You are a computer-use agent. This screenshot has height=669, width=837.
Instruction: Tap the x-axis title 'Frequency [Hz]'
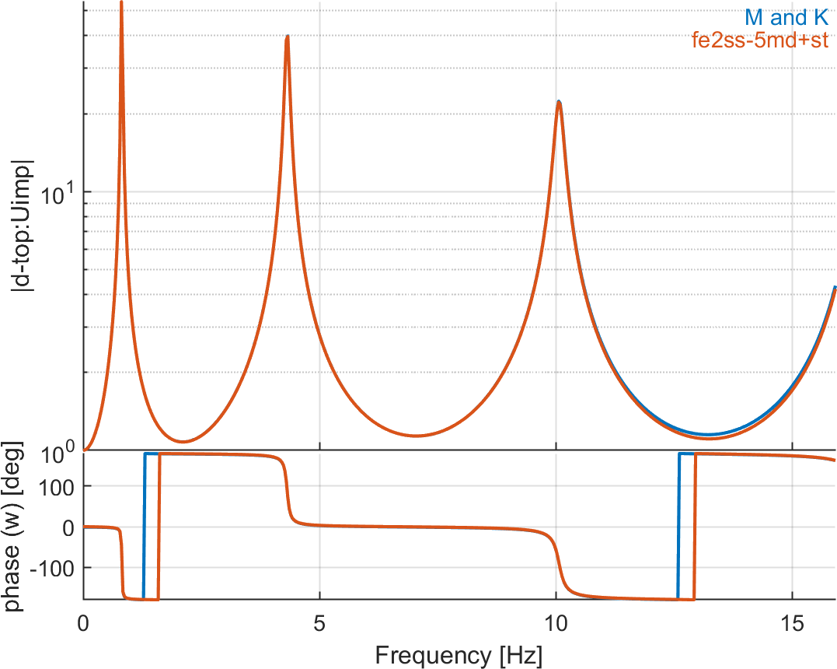[459, 654]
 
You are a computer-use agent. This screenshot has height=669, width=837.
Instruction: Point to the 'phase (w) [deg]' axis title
[15, 527]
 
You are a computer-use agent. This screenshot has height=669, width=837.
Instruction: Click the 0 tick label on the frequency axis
[84, 623]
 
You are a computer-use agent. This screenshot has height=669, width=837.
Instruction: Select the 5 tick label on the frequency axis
[320, 623]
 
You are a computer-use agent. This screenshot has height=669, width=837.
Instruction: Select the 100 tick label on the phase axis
[58, 486]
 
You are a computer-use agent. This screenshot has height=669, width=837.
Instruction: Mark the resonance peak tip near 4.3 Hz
[288, 36]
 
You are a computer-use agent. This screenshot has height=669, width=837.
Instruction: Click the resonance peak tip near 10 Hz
[558, 102]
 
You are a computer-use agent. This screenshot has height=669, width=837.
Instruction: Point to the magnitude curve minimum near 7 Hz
[417, 436]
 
